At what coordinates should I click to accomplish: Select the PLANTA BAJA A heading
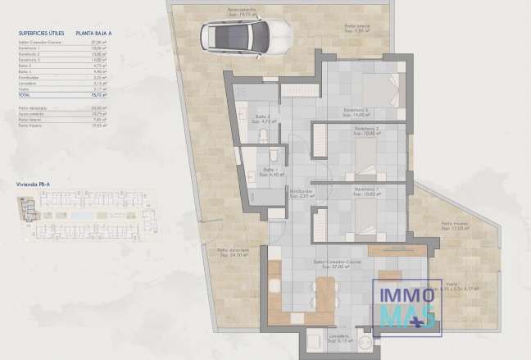[x=94, y=33]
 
